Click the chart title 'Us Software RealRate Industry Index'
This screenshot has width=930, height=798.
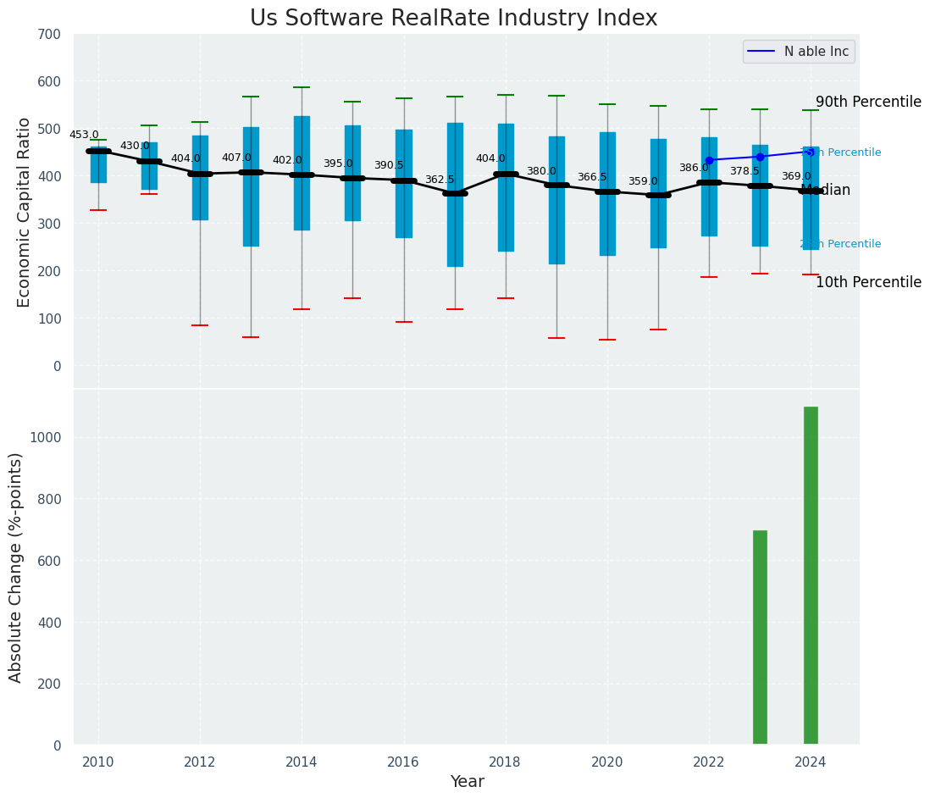tap(453, 19)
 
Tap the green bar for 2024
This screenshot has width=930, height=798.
tap(811, 576)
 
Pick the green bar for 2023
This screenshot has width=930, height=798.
tap(760, 638)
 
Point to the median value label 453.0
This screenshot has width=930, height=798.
tap(84, 135)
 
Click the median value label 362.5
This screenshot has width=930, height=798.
tap(440, 180)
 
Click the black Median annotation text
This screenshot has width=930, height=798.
tap(826, 190)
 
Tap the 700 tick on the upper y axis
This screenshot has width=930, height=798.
tap(49, 34)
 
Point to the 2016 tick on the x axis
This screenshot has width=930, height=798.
tap(404, 762)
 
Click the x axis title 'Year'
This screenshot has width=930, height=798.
tap(467, 782)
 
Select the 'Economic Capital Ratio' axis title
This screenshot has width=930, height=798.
tap(25, 212)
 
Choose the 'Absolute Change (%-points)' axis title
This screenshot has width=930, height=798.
tap(16, 567)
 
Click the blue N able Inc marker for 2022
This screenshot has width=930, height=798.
tap(709, 160)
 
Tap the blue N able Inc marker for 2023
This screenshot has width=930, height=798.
tap(760, 157)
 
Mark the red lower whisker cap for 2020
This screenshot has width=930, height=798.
tap(607, 340)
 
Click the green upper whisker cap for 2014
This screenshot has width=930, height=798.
tap(302, 87)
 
